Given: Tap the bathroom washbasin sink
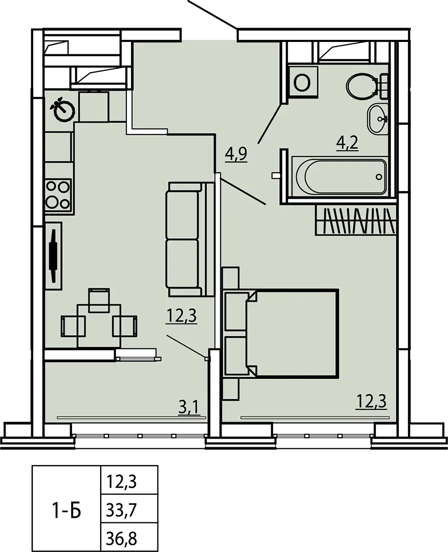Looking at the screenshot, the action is tap(377, 119).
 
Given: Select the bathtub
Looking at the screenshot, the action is tap(339, 176).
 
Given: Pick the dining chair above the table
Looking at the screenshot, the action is tap(99, 300).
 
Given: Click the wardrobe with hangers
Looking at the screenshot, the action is tap(355, 220).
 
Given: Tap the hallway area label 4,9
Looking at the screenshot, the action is tap(237, 154).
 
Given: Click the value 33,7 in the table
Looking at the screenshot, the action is tap(121, 509).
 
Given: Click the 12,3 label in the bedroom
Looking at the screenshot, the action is tap(372, 401).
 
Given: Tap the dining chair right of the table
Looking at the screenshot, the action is tap(125, 326).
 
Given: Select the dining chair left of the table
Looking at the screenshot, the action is tap(73, 326).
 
